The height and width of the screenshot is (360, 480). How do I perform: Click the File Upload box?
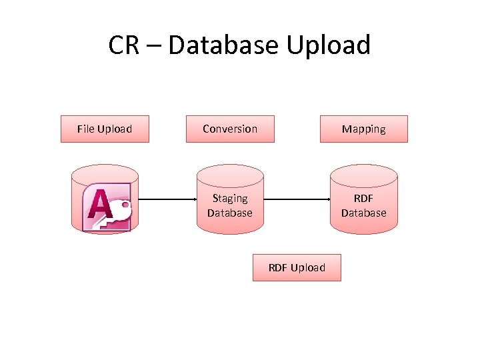tap(105, 129)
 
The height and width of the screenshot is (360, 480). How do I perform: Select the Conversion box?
tap(230, 129)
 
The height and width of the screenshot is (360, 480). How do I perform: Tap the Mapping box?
tap(363, 129)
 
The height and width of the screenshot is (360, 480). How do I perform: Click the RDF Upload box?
tap(297, 267)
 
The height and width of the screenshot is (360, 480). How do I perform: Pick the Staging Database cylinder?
tap(230, 200)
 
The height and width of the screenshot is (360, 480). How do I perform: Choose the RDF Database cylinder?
tap(363, 200)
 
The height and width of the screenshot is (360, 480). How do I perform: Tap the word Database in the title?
tap(224, 45)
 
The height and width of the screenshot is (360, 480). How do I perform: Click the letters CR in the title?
tap(124, 45)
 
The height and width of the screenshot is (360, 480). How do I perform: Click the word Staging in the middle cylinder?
tap(230, 198)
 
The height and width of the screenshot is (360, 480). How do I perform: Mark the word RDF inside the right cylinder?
tap(363, 198)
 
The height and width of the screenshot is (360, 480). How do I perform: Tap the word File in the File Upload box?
tap(85, 129)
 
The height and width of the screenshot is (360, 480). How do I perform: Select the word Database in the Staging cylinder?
tap(230, 213)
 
